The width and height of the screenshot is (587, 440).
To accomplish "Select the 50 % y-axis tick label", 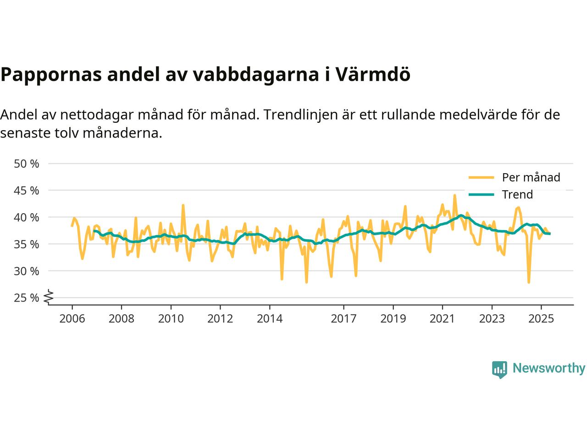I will pyautogui.click(x=27, y=164).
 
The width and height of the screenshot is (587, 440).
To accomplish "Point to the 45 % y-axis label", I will pyautogui.click(x=27, y=190).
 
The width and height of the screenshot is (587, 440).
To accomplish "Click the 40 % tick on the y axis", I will pyautogui.click(x=27, y=217).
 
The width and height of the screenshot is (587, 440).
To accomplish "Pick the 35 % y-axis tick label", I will pyautogui.click(x=27, y=244).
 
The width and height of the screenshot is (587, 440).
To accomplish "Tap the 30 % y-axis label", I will pyautogui.click(x=27, y=271).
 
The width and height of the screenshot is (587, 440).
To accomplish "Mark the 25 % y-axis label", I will pyautogui.click(x=27, y=298).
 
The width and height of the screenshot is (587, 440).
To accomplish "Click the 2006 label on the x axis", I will pyautogui.click(x=72, y=318).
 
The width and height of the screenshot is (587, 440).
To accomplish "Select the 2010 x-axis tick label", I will pyautogui.click(x=171, y=318).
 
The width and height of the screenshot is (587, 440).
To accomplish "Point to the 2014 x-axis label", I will pyautogui.click(x=270, y=318).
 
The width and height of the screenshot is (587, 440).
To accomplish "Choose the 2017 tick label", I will pyautogui.click(x=344, y=318).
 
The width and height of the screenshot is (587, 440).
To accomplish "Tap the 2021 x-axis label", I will pyautogui.click(x=443, y=318).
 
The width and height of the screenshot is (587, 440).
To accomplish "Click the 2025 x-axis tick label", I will pyautogui.click(x=541, y=318).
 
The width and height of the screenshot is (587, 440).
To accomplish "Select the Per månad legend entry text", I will pyautogui.click(x=531, y=177).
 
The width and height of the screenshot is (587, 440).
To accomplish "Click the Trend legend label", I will pyautogui.click(x=517, y=194).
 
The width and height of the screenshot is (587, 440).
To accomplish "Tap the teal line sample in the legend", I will pyautogui.click(x=481, y=194).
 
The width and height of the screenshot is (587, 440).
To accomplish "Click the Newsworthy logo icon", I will pyautogui.click(x=499, y=369).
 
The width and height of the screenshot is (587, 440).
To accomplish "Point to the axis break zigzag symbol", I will pyautogui.click(x=49, y=297).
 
